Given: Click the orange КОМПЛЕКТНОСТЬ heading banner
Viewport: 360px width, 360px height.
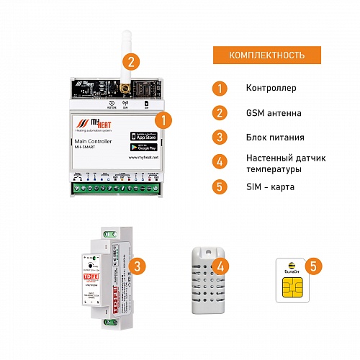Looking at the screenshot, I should pos(266,55).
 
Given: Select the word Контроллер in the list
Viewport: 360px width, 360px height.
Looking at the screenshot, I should pos(271,89).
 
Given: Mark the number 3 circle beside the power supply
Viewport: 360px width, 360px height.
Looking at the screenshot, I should pos(140,266).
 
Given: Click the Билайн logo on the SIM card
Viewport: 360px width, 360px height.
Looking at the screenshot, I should pos(292,271).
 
